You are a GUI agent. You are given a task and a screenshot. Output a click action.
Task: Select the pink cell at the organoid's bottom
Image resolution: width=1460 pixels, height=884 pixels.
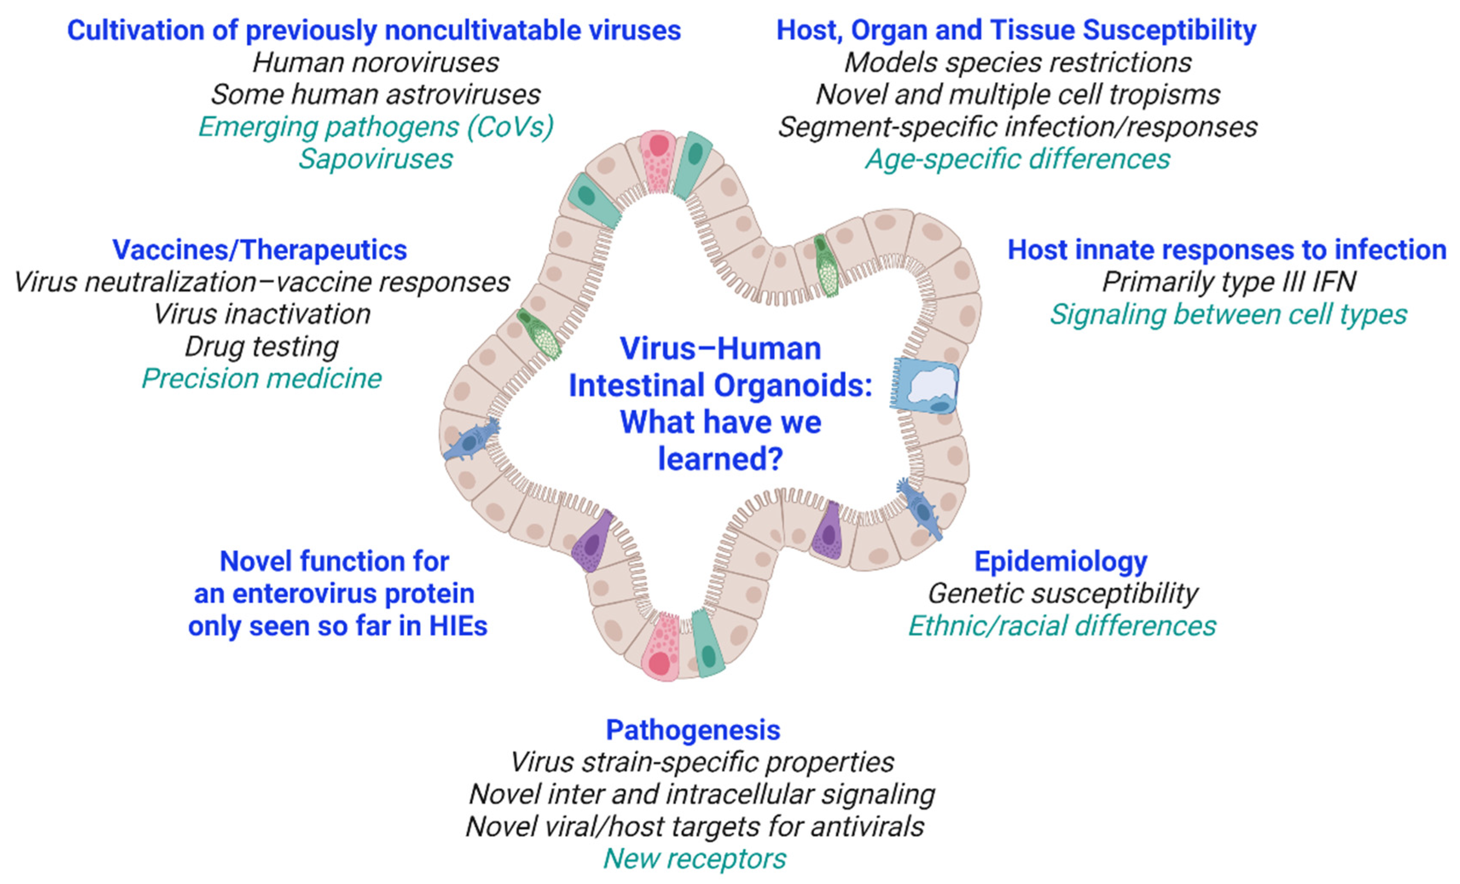(x=663, y=648)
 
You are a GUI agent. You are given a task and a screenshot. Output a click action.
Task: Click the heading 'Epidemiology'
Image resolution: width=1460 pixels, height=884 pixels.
(x=1060, y=561)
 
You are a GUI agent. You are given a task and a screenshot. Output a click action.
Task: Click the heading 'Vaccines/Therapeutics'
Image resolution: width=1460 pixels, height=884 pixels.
(x=260, y=250)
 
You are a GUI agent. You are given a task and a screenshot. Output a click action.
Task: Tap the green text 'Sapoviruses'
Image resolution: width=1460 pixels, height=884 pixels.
(x=376, y=158)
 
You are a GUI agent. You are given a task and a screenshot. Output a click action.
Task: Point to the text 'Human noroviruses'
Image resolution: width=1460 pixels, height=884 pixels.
(x=376, y=62)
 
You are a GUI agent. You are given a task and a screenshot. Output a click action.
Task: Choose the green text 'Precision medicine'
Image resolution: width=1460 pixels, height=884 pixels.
(x=261, y=378)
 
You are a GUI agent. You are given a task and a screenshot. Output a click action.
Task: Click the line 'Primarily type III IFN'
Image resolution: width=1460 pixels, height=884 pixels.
(x=1229, y=282)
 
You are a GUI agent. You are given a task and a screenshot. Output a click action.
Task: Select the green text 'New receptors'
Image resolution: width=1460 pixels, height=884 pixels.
(x=695, y=858)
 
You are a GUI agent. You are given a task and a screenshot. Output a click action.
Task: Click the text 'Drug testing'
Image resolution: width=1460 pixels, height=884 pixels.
(x=261, y=346)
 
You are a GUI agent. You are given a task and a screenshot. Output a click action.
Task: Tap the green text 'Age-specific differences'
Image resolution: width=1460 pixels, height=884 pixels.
(x=1017, y=158)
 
